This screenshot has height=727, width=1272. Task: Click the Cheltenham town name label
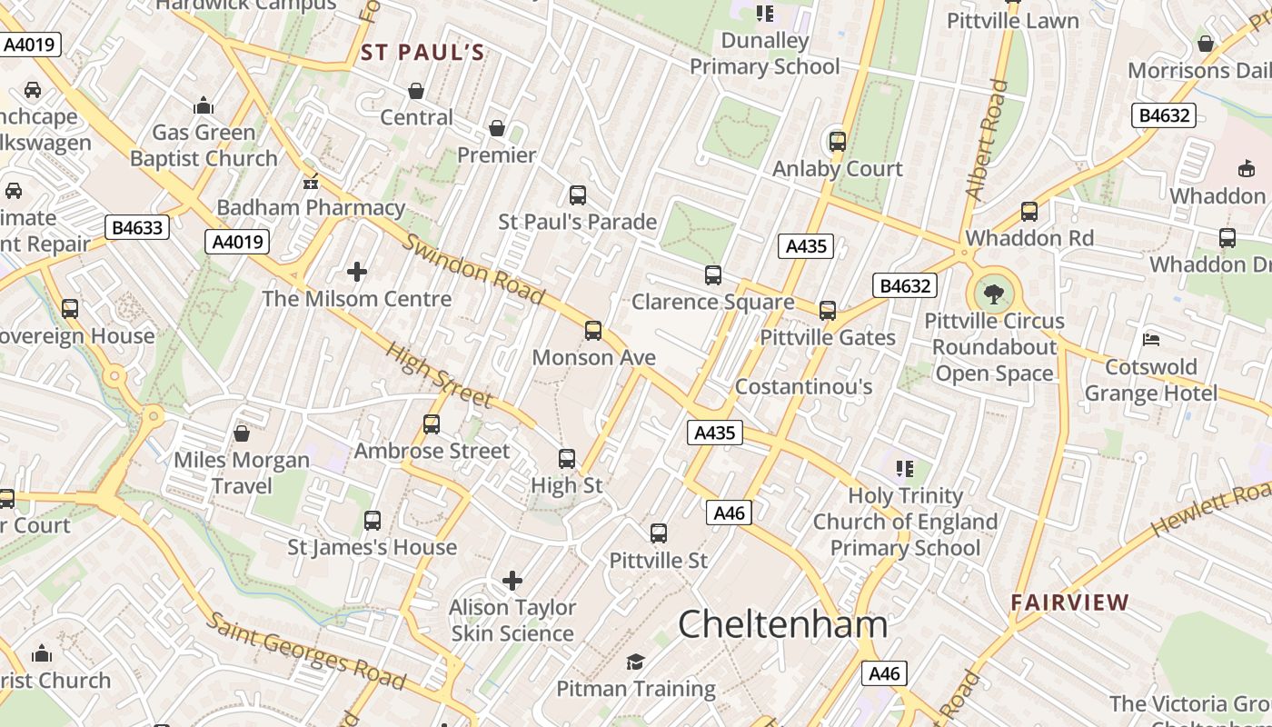(x=782, y=624)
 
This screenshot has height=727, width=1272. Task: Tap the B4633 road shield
(x=137, y=227)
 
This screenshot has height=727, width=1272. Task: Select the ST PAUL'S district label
(x=423, y=53)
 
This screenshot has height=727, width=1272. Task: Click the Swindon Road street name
(x=473, y=269)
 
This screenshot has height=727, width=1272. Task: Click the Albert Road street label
(x=987, y=140)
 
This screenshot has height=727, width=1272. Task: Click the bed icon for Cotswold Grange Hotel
(x=1151, y=340)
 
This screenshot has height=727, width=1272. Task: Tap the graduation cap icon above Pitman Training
(x=635, y=662)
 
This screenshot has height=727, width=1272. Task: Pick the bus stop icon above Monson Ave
(x=593, y=330)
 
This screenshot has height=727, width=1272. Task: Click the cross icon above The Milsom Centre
(x=357, y=271)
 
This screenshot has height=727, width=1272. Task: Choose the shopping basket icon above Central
(x=416, y=91)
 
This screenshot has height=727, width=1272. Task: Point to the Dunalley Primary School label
(x=764, y=54)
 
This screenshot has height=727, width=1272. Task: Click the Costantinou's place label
(x=803, y=387)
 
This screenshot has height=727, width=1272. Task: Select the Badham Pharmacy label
(x=311, y=207)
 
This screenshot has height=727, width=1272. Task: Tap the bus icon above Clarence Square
(x=713, y=274)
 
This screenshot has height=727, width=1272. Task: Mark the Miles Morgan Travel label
(x=242, y=473)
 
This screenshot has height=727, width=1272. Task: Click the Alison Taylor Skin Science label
(x=512, y=620)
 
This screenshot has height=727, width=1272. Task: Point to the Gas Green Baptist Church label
(x=204, y=145)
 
